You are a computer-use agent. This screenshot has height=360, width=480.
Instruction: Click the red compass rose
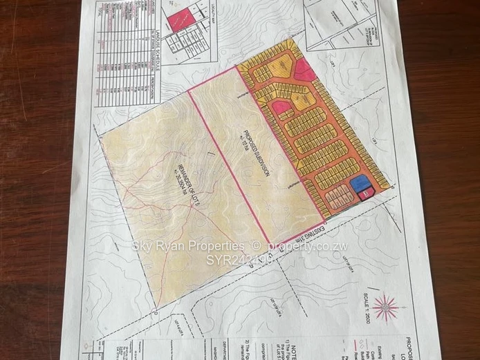[x=385, y=305]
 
